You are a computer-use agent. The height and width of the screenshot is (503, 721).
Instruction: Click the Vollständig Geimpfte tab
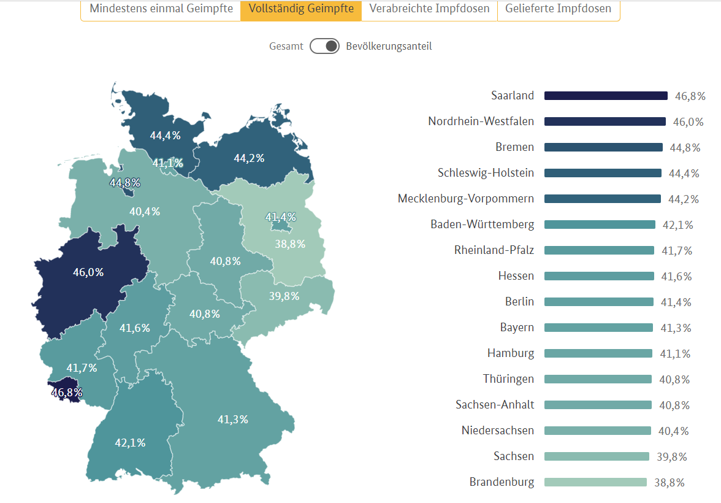[300, 9]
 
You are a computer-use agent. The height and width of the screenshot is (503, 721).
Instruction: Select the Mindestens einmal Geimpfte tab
[161, 9]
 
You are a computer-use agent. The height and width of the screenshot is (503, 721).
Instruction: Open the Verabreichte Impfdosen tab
[429, 9]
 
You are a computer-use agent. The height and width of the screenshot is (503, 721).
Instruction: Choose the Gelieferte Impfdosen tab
[558, 9]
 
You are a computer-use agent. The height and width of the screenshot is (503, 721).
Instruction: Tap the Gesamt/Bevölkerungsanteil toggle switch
[324, 46]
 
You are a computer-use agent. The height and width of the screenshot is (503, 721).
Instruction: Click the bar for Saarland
[605, 96]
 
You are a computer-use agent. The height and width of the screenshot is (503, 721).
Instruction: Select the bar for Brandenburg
[595, 482]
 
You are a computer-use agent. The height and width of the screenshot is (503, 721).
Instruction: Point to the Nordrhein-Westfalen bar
[605, 121]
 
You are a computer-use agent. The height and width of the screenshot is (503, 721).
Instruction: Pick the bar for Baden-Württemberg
[600, 225]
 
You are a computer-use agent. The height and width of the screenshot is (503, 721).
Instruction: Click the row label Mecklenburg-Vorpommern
[466, 199]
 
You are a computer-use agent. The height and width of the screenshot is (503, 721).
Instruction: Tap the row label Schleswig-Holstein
[486, 173]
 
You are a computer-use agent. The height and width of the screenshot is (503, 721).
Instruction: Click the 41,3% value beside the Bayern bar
[676, 328]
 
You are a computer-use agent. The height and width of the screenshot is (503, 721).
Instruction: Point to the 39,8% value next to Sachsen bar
[672, 457]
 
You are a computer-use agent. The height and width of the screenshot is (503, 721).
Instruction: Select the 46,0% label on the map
[88, 272]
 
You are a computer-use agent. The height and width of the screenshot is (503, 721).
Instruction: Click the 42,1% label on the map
[130, 442]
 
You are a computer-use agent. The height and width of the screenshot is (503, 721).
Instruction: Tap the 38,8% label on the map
[290, 244]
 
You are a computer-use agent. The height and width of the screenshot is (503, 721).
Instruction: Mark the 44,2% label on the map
[249, 158]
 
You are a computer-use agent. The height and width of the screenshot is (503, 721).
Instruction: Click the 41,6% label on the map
[134, 328]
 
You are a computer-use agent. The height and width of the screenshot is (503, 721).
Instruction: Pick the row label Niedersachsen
[497, 431]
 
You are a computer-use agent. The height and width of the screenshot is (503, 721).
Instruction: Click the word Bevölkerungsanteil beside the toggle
[389, 46]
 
